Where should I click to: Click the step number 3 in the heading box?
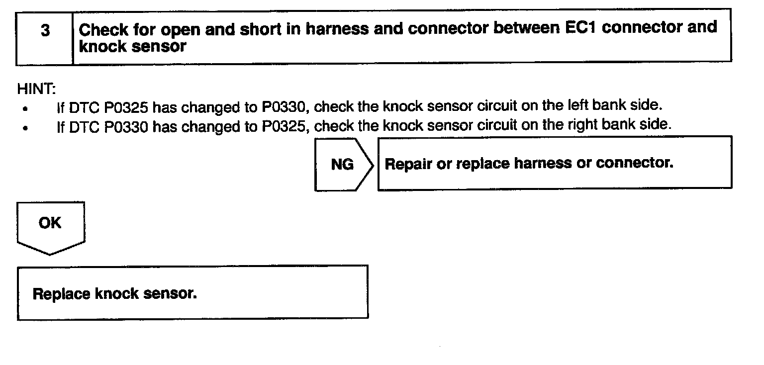point(45,31)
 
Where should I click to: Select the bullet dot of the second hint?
point(25,128)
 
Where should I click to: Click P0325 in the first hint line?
point(126,107)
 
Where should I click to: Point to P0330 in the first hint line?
point(284,107)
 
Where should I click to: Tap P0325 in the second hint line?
point(284,126)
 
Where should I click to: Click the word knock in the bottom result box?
point(116,293)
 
